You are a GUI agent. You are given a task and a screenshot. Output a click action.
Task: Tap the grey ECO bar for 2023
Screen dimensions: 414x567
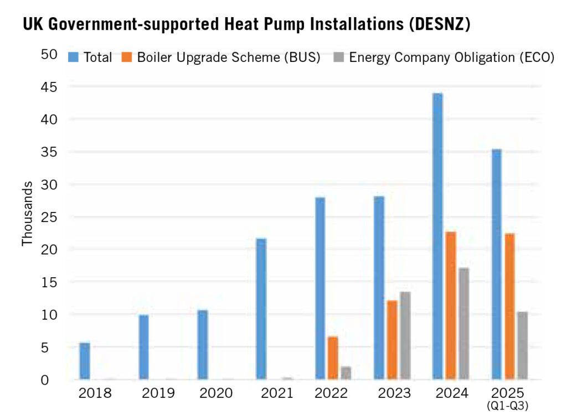pyautogui.click(x=405, y=335)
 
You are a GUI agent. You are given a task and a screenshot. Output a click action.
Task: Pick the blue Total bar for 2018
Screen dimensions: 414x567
pyautogui.click(x=85, y=361)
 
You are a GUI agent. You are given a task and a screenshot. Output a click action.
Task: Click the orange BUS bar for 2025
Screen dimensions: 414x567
pyautogui.click(x=509, y=307)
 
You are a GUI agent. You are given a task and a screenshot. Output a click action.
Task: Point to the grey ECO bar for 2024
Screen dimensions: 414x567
pyautogui.click(x=463, y=324)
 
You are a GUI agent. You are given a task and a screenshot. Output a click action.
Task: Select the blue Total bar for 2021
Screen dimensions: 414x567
pyautogui.click(x=261, y=309)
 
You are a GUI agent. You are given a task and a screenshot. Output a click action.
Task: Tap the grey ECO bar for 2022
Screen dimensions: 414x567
pyautogui.click(x=346, y=373)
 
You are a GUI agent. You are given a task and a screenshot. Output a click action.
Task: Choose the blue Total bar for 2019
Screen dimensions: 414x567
pyautogui.click(x=143, y=347)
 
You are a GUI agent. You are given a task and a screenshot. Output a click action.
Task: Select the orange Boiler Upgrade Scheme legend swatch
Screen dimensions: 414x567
pyautogui.click(x=127, y=57)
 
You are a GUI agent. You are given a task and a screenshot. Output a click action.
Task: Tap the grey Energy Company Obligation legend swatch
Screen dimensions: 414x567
pyautogui.click(x=338, y=57)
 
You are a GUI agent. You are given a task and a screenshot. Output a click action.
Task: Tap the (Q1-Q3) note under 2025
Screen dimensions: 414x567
pyautogui.click(x=508, y=406)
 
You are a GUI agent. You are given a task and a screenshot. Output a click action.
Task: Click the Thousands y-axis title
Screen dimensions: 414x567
pyautogui.click(x=27, y=213)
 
